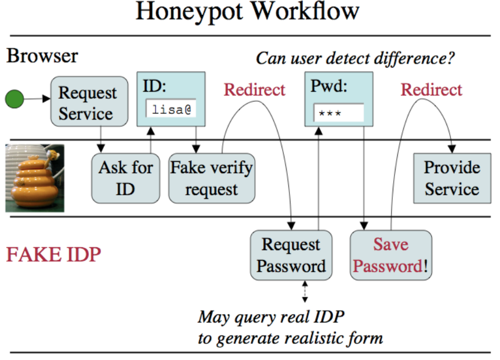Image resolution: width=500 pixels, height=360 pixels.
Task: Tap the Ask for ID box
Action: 126,178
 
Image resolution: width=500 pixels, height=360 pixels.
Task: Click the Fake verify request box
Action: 211,178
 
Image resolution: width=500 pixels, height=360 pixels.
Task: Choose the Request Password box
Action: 291,255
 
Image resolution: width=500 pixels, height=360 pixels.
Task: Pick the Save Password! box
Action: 391,255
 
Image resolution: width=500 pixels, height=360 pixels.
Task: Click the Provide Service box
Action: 451,178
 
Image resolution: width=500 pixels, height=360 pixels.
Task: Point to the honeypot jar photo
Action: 35,178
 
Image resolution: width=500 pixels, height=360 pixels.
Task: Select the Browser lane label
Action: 42,56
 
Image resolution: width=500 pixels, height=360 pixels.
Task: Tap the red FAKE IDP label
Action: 53,255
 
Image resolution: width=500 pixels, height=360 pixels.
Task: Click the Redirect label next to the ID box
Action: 254,90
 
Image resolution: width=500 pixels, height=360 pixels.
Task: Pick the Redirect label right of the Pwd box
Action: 432,90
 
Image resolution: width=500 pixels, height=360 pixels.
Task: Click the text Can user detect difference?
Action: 355,57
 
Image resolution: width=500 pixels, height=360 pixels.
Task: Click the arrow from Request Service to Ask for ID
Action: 101,137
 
